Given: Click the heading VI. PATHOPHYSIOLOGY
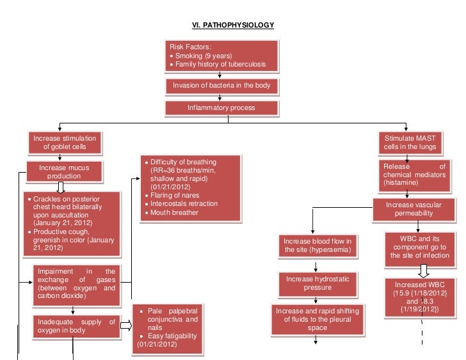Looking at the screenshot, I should click(233, 25).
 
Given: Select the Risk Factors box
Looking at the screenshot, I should click(221, 56).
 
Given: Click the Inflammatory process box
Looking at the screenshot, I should click(221, 108).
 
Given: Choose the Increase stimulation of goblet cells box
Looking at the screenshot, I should click(65, 143).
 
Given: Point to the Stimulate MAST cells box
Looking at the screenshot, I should click(410, 143).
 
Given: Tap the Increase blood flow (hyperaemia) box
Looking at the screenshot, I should click(318, 245).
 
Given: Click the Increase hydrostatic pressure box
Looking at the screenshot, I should click(317, 283).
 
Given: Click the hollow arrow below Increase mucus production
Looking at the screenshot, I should click(61, 187).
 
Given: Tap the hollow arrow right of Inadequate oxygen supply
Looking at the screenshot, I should click(125, 327).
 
